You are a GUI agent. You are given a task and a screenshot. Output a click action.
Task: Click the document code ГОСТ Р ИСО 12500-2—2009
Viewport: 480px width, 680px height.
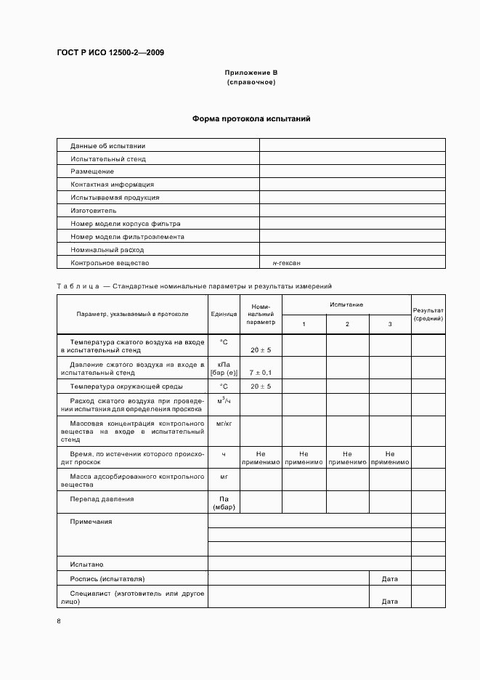click(x=110, y=52)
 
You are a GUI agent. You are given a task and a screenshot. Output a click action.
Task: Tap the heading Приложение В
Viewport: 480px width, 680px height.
click(x=251, y=73)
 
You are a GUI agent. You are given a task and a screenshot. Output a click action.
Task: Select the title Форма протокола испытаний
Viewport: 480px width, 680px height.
click(x=251, y=119)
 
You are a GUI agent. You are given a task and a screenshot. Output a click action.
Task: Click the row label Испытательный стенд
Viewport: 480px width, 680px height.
click(x=108, y=158)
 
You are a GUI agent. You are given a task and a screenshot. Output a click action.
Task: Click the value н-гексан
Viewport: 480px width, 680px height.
click(x=287, y=263)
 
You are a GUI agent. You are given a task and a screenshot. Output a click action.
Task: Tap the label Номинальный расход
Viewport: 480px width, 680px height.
click(x=107, y=250)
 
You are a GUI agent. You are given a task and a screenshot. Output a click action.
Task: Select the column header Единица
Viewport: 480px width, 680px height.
click(x=224, y=314)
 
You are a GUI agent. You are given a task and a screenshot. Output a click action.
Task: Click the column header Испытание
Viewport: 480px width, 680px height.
click(x=346, y=304)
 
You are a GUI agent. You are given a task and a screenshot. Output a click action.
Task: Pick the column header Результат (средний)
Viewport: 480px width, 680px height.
click(x=428, y=314)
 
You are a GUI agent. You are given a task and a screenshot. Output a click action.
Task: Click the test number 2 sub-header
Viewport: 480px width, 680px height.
click(x=347, y=323)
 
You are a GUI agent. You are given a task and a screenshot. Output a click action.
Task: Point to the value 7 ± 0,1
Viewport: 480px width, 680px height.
click(x=261, y=372)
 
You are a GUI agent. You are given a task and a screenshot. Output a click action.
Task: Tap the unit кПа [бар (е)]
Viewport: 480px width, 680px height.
click(x=224, y=368)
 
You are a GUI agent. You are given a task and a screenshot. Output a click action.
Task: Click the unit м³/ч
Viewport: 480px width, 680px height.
click(x=224, y=401)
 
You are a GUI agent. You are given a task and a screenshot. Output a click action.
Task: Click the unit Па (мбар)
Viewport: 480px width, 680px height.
click(x=224, y=503)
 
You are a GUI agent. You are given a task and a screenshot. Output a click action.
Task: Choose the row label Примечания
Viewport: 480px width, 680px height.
click(x=91, y=522)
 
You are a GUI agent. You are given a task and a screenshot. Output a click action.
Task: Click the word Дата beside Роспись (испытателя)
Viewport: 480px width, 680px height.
click(x=390, y=579)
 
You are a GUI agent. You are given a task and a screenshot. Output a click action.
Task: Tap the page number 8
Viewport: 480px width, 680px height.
click(x=59, y=620)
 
